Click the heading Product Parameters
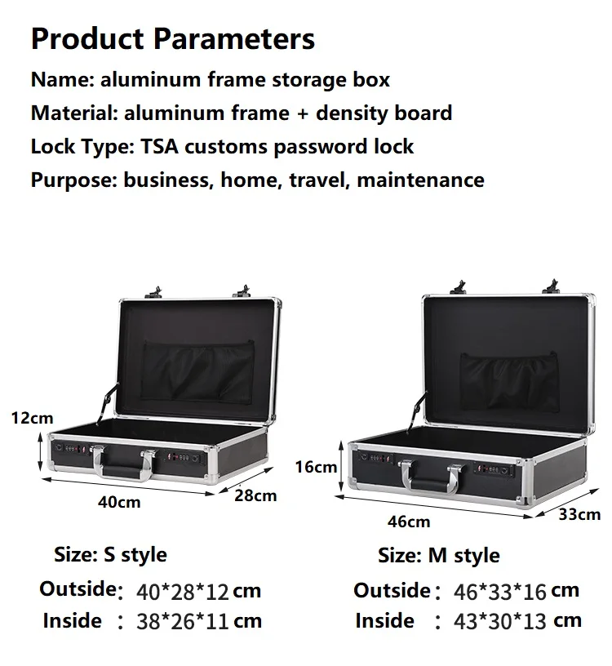point(172,38)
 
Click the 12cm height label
point(32,418)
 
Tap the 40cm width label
point(119,502)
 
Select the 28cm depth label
point(255,495)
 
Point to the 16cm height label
point(316,467)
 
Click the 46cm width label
point(408,521)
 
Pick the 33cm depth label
point(579,514)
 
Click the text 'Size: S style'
point(110,555)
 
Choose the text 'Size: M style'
point(439,557)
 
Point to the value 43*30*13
point(500,621)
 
